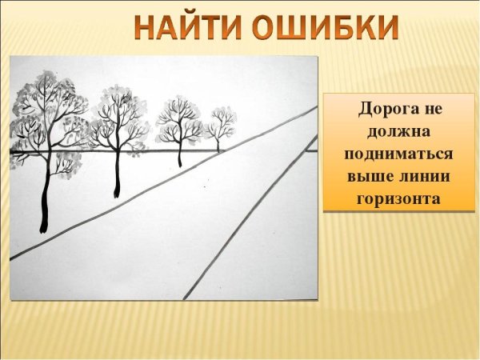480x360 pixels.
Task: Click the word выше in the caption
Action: click(366, 175)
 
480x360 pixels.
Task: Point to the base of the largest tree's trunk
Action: click(43, 230)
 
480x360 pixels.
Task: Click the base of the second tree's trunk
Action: click(117, 194)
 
